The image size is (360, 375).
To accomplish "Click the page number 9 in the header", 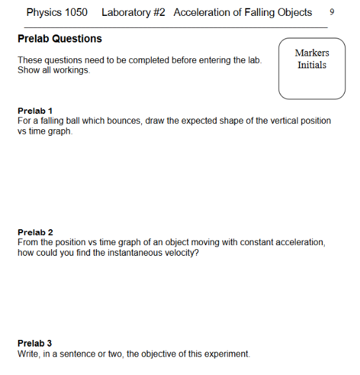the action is [341, 13].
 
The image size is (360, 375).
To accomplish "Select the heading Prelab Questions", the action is [60, 38].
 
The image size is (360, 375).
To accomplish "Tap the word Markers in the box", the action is [312, 53].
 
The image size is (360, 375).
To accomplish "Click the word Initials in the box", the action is [312, 66].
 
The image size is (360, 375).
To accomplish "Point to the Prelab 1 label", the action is [35, 110].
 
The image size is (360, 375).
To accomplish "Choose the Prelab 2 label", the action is [35, 233].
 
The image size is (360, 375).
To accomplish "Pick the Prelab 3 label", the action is [35, 343].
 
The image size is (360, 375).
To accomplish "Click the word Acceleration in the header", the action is [204, 13].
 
